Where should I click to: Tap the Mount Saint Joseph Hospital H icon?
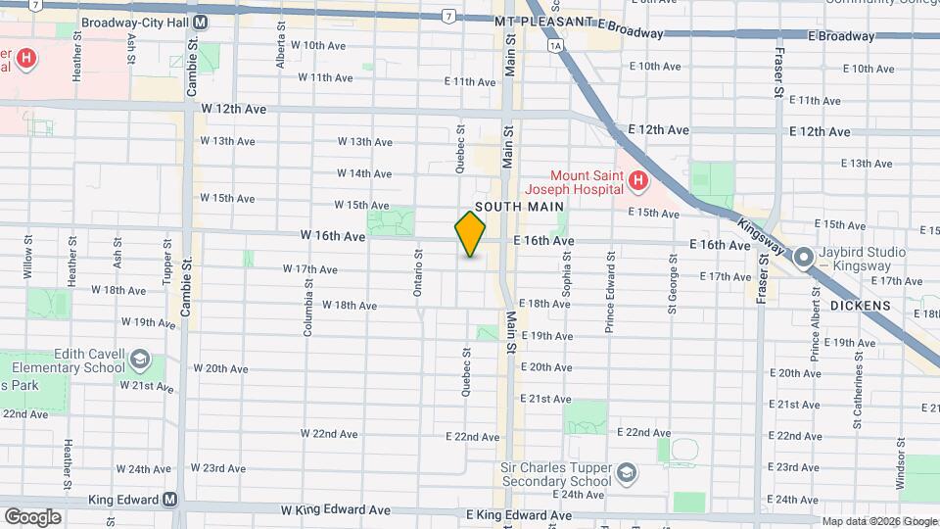pos(637,179)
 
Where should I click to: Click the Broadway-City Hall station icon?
pos(200,22)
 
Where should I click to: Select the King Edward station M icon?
pos(170,499)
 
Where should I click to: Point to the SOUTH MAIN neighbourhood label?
pos(519,207)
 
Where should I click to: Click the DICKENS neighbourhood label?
pos(860,306)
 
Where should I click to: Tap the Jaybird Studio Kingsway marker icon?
pos(804,258)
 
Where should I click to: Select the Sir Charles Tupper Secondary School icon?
pos(625,475)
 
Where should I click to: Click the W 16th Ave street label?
pos(333,236)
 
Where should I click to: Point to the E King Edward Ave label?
pos(519,515)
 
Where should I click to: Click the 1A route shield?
pos(556,46)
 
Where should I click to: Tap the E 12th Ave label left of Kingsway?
pos(659,130)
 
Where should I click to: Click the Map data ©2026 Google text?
pos(878,521)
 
